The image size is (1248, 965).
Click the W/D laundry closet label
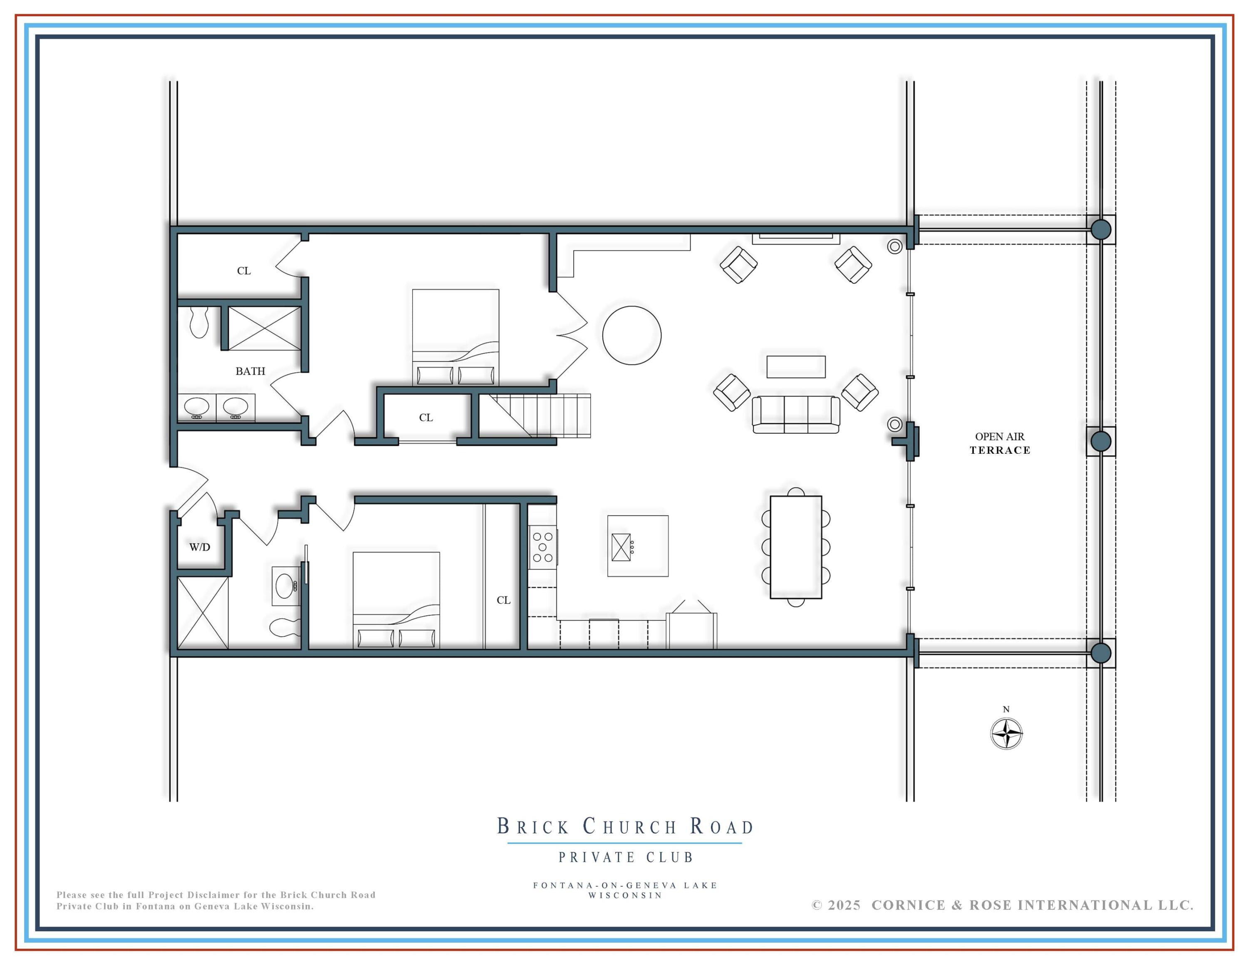point(199,547)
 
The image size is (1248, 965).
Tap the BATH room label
point(250,371)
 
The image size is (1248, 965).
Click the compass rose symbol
point(1006,734)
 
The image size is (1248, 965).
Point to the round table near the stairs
point(631,335)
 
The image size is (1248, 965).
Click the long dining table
point(795,547)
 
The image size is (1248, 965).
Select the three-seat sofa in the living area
point(795,415)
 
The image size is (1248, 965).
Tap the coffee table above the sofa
point(795,366)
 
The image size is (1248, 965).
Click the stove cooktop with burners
point(542,547)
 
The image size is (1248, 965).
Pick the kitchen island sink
point(621,547)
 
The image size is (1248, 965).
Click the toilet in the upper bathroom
point(199,323)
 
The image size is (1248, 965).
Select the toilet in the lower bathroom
point(284,627)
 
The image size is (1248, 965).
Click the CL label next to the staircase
point(426,417)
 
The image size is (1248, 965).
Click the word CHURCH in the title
point(630,827)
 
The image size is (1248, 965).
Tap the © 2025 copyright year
point(836,905)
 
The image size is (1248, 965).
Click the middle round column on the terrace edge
point(1101,441)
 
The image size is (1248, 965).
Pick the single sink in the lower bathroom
point(285,585)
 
